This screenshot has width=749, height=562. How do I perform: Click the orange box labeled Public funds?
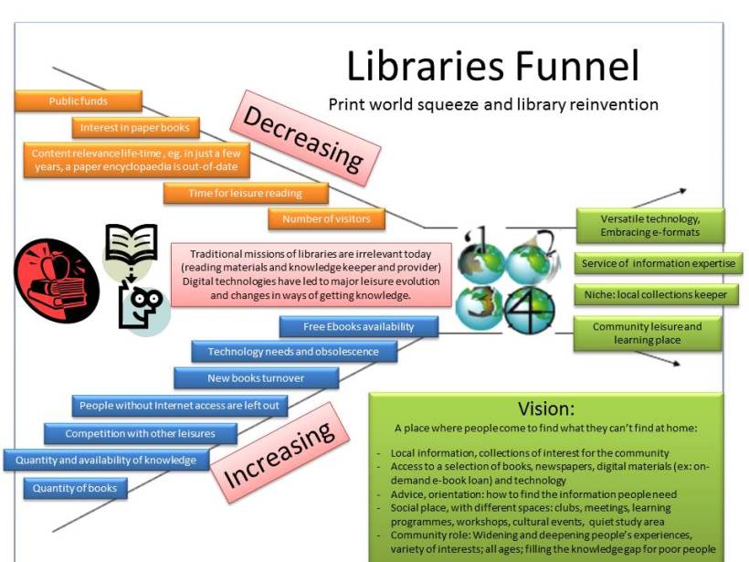click(x=79, y=101)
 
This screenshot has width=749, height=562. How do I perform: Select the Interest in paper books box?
click(x=136, y=128)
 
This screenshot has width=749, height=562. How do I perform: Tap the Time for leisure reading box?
click(x=246, y=193)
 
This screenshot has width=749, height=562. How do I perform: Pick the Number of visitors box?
click(x=326, y=219)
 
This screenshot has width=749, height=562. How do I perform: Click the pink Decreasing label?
click(x=305, y=139)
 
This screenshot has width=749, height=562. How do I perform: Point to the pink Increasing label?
click(x=280, y=452)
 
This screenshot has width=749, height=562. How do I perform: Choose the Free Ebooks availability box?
click(x=359, y=327)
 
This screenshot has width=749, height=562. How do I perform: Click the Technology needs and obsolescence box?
click(x=294, y=352)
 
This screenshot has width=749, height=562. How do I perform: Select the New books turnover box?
click(x=256, y=378)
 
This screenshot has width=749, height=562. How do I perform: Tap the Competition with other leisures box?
click(x=141, y=433)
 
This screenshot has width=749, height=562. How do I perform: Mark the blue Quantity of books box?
click(x=75, y=488)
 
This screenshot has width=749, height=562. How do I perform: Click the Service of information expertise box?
click(x=659, y=263)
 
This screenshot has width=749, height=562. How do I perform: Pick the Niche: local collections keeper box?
click(x=656, y=295)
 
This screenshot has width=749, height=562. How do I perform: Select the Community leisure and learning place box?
click(x=648, y=334)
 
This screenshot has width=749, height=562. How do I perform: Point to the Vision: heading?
click(x=546, y=408)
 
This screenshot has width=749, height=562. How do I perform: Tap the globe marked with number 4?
click(x=529, y=310)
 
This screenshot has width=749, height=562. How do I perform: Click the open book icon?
click(x=131, y=245)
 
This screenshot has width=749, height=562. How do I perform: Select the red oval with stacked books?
click(x=57, y=281)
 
